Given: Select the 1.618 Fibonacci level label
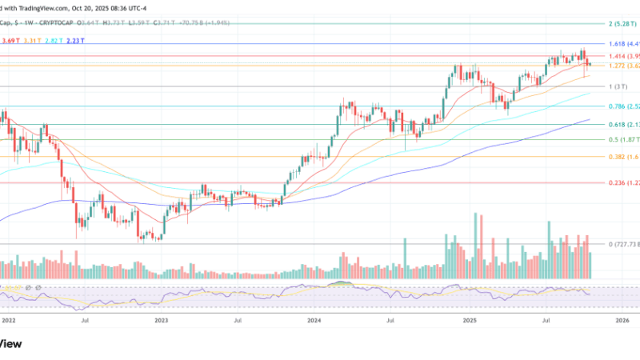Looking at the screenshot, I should (623, 44).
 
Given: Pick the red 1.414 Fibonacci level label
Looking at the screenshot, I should (623, 56).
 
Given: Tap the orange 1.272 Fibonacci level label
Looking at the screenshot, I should (623, 66).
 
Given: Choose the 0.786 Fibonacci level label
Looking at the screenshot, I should (623, 106).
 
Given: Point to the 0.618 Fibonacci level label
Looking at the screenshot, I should (623, 125).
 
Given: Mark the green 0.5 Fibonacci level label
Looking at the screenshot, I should (622, 140).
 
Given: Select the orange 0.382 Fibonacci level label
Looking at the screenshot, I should (623, 157).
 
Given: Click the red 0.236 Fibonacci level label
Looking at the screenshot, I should (623, 183).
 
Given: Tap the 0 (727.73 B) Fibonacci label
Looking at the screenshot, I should (622, 244).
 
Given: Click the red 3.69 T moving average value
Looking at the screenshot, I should (11, 41).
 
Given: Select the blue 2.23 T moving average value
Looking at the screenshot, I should (78, 41).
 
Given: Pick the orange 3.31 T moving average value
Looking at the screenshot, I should (34, 41).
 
